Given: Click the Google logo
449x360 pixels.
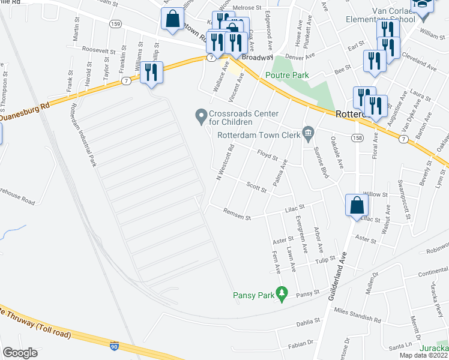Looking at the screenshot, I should pos(20,353).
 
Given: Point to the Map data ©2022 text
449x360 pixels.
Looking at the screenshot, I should pos(423,355).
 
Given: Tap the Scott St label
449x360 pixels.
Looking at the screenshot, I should pos(256,188).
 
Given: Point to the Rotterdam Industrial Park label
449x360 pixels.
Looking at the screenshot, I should pos(84,136).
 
